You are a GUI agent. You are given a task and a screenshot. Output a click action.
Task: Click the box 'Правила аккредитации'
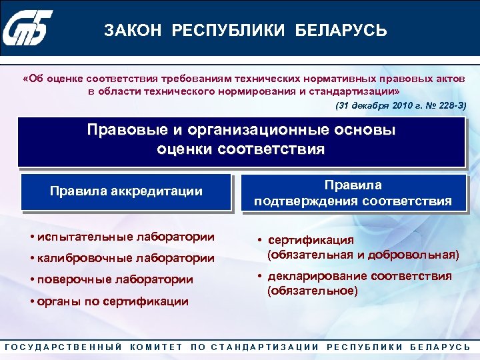pos(126,192)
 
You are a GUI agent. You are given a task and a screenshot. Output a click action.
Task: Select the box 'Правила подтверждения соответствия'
pos(353,193)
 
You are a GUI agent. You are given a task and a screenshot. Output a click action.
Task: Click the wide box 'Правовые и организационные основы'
pos(241,139)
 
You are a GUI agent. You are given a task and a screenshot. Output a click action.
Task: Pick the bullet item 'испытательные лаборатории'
pos(126,237)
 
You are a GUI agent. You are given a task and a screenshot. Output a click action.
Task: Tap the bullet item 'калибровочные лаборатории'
pos(126,258)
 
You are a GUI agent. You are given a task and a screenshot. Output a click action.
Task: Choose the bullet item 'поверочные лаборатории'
pos(115,279)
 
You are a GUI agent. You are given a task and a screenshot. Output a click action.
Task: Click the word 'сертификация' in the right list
pos(311,240)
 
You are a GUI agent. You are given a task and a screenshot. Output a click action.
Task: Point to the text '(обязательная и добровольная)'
pos(363,254)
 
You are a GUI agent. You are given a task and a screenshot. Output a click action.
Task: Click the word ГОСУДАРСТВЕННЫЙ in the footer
pos(63,347)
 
